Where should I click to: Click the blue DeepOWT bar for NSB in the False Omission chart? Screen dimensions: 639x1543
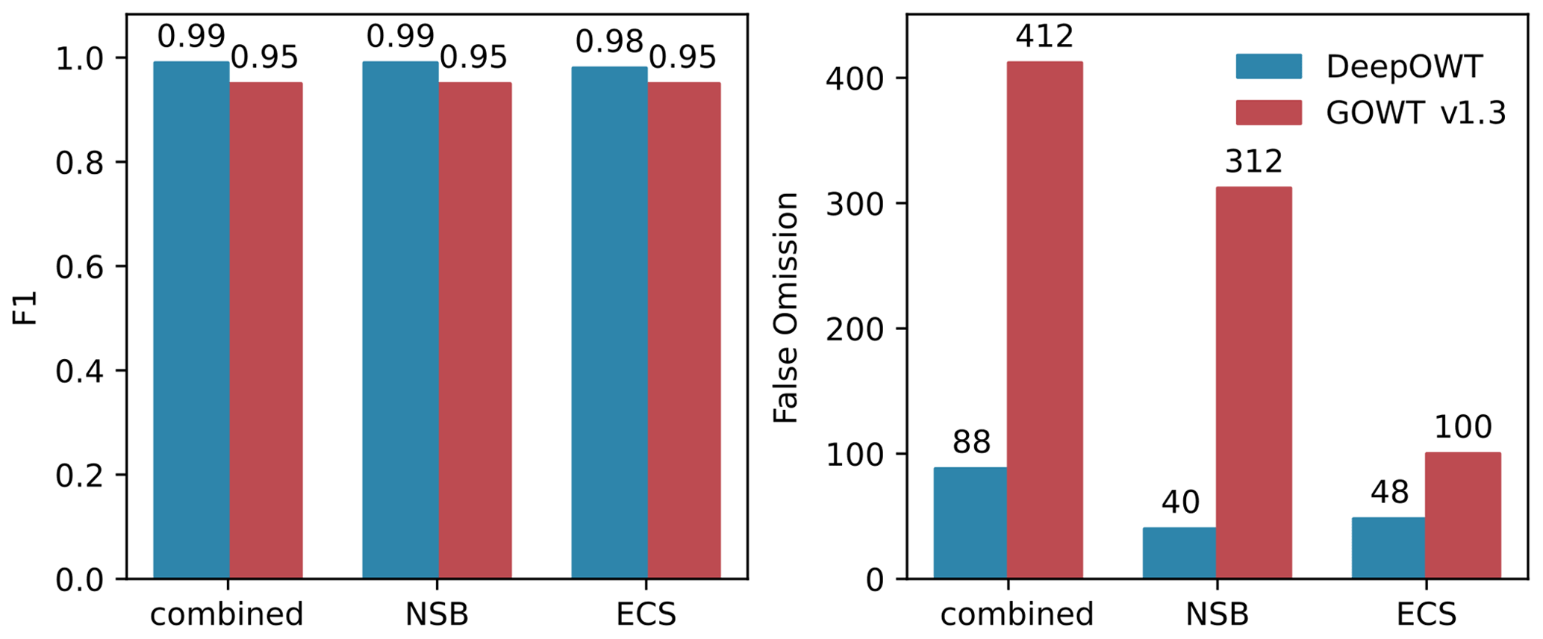[1179, 553]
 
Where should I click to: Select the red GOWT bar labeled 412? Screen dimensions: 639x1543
[1044, 321]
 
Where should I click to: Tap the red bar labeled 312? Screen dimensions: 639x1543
[1253, 383]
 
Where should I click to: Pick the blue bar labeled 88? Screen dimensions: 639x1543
[970, 523]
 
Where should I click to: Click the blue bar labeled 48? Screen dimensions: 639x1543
[1388, 548]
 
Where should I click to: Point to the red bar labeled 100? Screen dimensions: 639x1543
[1462, 516]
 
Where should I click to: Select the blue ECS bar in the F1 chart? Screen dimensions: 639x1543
[609, 322]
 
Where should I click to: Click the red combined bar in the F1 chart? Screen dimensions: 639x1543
[266, 331]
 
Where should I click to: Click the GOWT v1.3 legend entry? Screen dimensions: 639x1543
[1370, 113]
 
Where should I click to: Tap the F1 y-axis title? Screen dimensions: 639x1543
[26, 308]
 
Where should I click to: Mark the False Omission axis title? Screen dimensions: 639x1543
[785, 308]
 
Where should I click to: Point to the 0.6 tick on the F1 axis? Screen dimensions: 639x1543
[80, 267]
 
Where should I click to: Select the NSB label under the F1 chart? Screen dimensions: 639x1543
[437, 614]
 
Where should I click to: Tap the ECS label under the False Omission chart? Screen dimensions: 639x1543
[1426, 614]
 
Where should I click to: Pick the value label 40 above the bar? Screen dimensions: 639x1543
[1180, 502]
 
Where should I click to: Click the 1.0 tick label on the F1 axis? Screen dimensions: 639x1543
[80, 59]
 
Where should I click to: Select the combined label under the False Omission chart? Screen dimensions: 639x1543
[1017, 614]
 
